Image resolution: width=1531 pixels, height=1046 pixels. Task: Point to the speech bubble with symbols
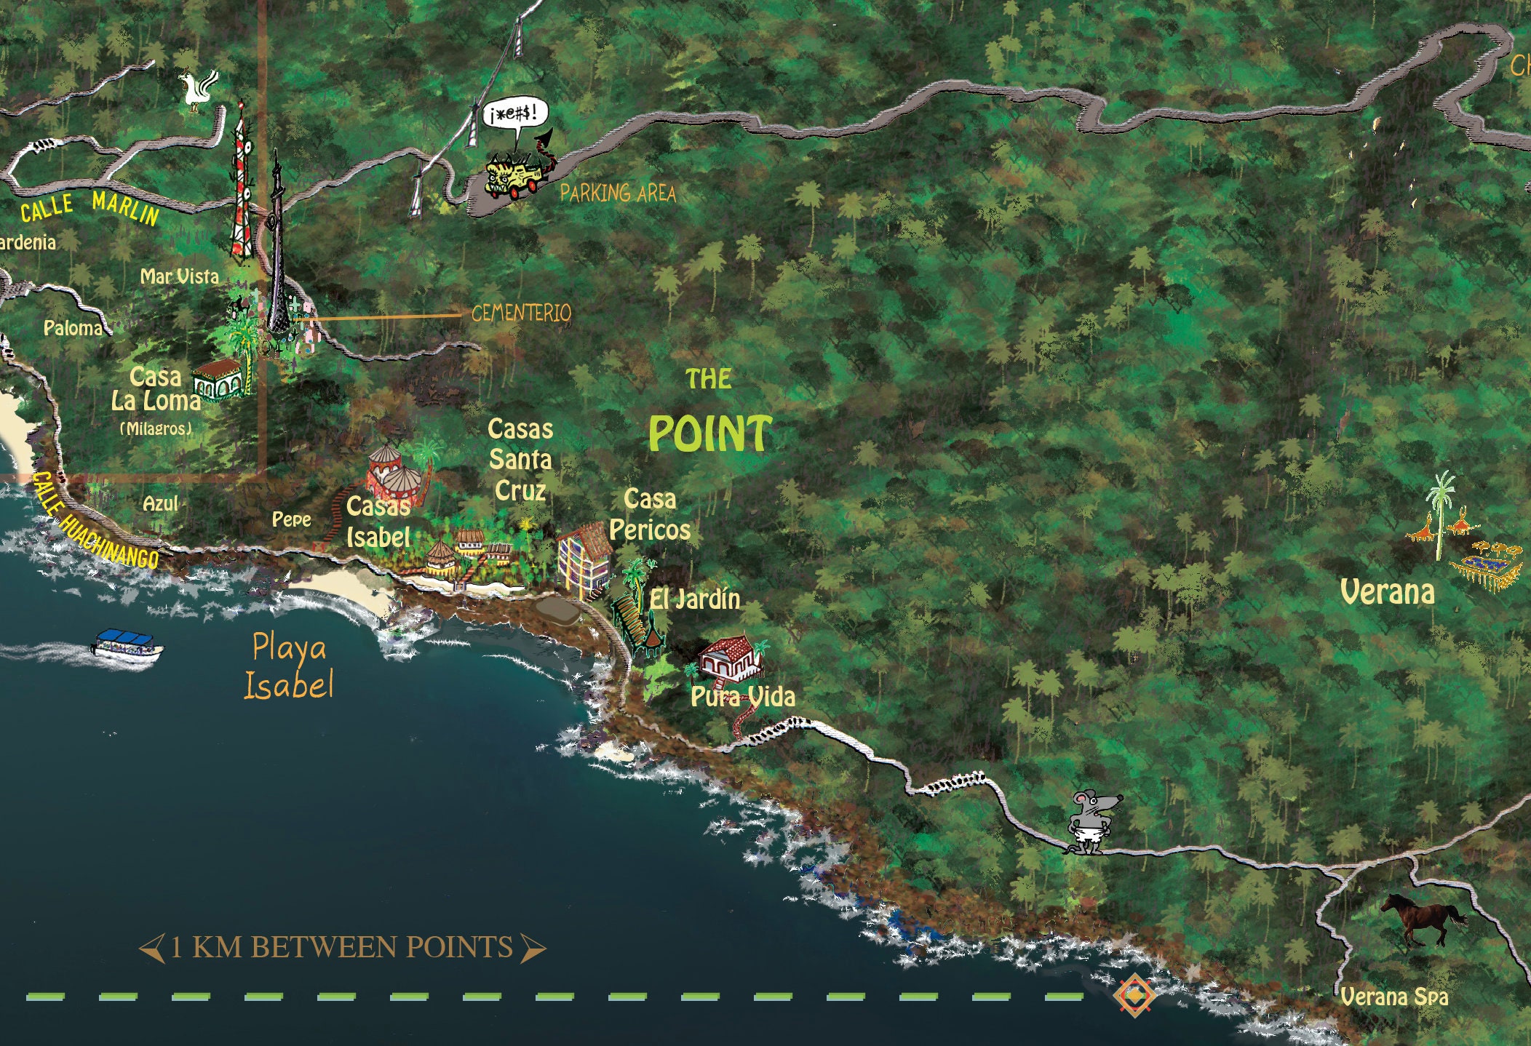[x=515, y=116]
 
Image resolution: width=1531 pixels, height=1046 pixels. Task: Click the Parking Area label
[x=618, y=193]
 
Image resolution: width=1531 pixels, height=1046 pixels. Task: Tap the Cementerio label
[x=521, y=314]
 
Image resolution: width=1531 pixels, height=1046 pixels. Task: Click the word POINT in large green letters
[x=709, y=434]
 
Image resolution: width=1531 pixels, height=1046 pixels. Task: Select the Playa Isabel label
[x=289, y=666]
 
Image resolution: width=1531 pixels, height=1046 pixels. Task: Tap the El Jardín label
[x=695, y=600]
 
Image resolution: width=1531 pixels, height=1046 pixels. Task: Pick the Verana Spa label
[x=1393, y=997]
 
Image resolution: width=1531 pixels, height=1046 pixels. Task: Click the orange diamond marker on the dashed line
[x=1133, y=994]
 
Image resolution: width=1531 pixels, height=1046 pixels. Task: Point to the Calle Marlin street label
[x=89, y=208]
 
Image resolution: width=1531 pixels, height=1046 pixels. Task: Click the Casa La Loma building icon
[x=218, y=379]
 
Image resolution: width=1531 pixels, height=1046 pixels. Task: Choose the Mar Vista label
[x=179, y=276]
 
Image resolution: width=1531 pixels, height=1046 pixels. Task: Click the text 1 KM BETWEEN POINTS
[x=342, y=948]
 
